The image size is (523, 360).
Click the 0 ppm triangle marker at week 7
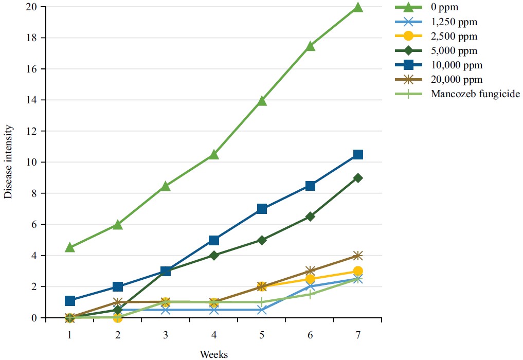click(x=358, y=7)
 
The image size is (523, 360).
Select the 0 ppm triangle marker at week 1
click(x=70, y=247)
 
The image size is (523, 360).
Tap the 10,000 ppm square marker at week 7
click(x=358, y=155)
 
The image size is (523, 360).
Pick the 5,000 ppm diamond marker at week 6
click(x=310, y=217)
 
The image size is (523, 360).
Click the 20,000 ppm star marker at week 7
click(x=358, y=256)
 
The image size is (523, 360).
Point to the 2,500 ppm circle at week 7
click(x=358, y=271)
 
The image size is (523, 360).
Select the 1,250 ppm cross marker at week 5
click(x=262, y=310)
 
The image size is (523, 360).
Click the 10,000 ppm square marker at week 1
click(x=70, y=301)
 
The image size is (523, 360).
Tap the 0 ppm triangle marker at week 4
click(x=214, y=154)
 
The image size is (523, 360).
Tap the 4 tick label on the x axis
click(x=214, y=335)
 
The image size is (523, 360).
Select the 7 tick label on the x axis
click(x=358, y=335)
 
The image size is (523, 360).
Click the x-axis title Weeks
click(x=213, y=354)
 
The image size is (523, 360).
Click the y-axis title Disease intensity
click(x=8, y=163)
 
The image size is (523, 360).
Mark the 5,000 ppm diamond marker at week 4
click(x=214, y=256)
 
